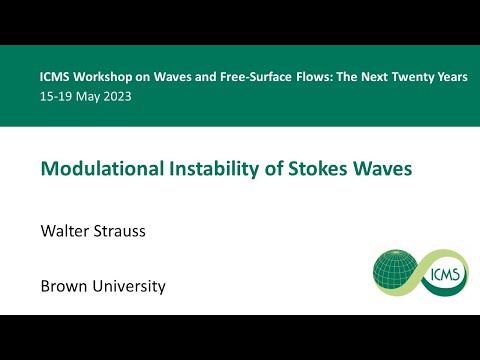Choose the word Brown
tap(64, 287)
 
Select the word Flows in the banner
tap(311, 77)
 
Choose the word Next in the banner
tap(364, 77)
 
